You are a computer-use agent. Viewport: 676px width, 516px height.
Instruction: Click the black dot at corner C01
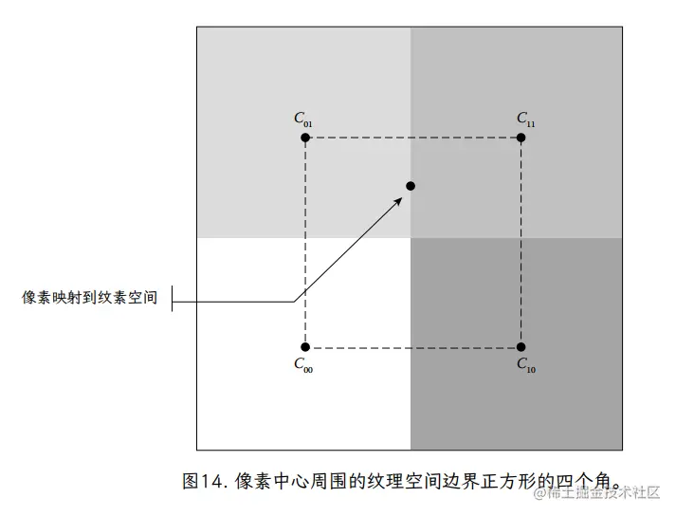click(x=305, y=138)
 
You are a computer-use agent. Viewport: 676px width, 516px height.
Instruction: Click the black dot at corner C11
click(x=521, y=138)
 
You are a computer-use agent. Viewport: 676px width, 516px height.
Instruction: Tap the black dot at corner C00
click(x=305, y=347)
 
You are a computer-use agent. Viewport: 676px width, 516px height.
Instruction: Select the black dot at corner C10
click(x=521, y=347)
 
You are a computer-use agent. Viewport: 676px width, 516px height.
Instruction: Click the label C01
click(x=303, y=120)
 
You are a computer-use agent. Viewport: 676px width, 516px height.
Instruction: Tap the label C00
click(x=303, y=365)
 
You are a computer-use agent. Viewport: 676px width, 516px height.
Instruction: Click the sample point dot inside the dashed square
click(x=411, y=185)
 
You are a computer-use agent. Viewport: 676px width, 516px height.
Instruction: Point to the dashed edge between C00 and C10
click(x=413, y=347)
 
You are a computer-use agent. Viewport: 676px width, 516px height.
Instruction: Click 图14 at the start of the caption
click(x=205, y=480)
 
